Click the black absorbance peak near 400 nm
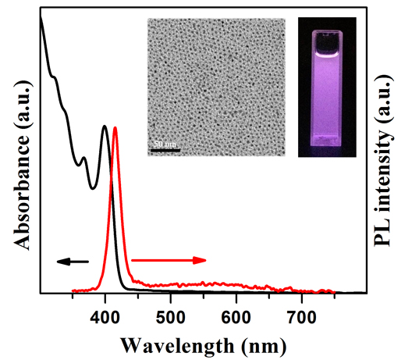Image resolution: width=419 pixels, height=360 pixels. (x=105, y=126)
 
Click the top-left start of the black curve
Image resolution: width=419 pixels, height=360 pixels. (x=40, y=17)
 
